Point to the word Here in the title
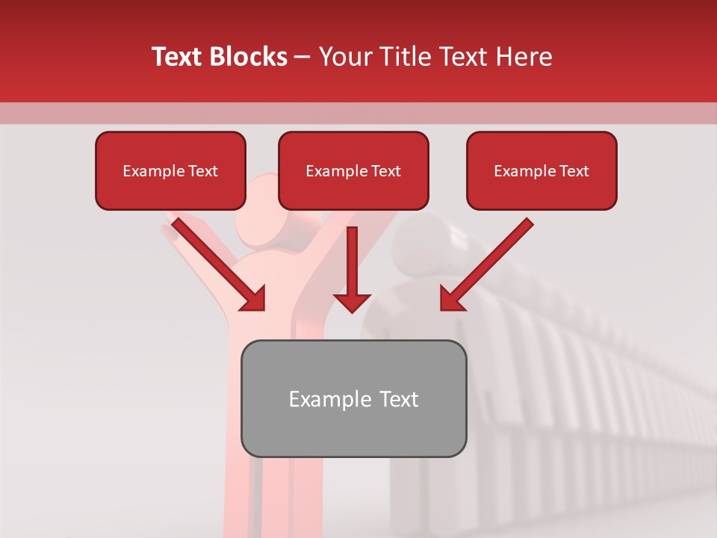coord(524,57)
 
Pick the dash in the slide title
coord(302,58)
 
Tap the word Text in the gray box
coord(398,399)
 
